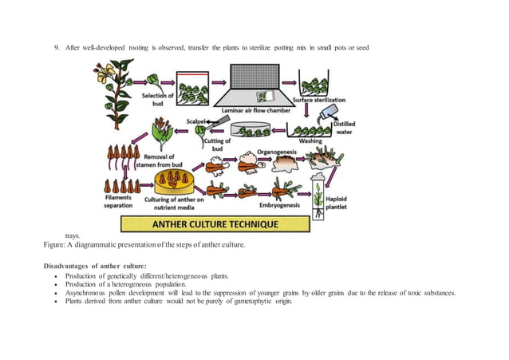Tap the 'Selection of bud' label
(x=157, y=100)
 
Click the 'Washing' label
(x=310, y=140)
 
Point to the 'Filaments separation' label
(x=119, y=202)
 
